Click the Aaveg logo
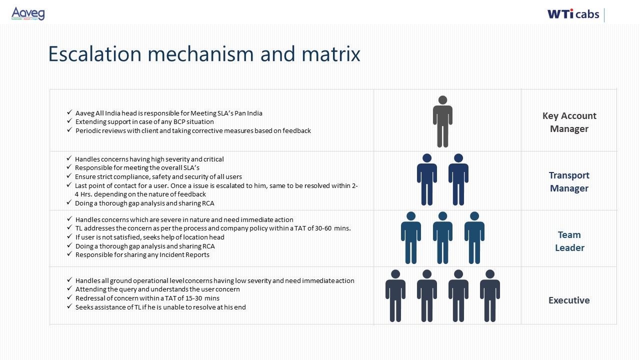pyautogui.click(x=28, y=13)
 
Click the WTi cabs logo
pyautogui.click(x=573, y=14)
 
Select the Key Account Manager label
pyautogui.click(x=569, y=122)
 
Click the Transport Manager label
pyautogui.click(x=569, y=181)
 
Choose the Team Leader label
pyautogui.click(x=569, y=241)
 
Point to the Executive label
pyautogui.click(x=569, y=300)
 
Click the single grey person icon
pyautogui.click(x=442, y=121)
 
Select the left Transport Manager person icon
pyautogui.click(x=427, y=179)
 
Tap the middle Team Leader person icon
pyautogui.click(x=442, y=237)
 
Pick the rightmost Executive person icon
pyautogui.click(x=489, y=295)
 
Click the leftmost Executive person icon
pyautogui.click(x=395, y=295)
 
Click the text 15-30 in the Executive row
pyautogui.click(x=193, y=298)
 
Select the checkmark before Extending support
pyautogui.click(x=69, y=121)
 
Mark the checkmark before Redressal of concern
pyautogui.click(x=69, y=297)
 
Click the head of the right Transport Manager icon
pyautogui.click(x=458, y=158)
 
